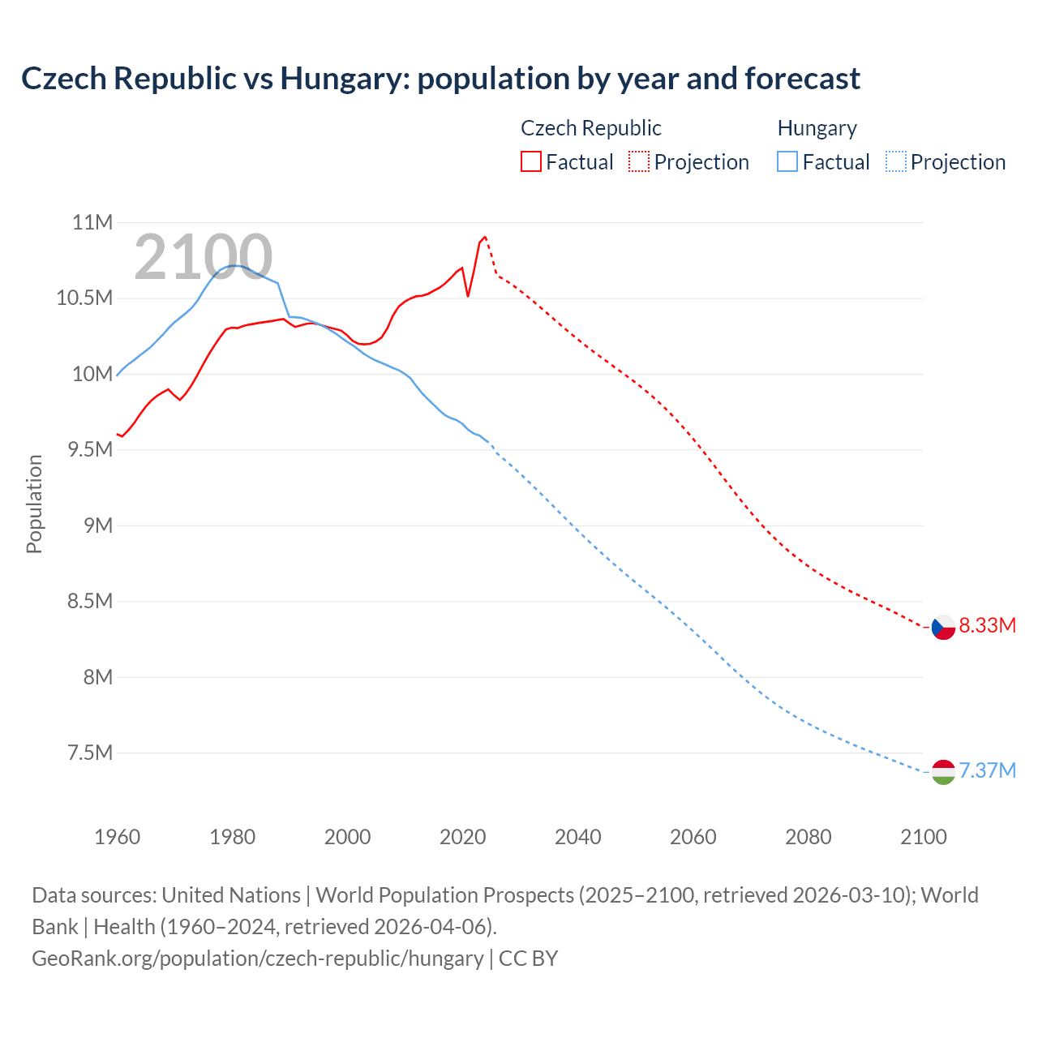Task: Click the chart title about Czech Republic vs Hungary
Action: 440,79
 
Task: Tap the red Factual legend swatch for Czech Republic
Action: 530,161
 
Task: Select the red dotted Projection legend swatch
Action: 638,161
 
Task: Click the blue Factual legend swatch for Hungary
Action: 787,161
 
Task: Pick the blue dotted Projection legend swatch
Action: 895,161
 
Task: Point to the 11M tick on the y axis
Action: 92,222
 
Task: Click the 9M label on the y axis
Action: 97,525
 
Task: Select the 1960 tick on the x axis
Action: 118,837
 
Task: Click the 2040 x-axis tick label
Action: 577,837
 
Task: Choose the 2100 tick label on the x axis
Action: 923,837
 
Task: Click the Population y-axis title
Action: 34,504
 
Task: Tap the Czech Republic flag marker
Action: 942,627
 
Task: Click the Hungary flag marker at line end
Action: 942,772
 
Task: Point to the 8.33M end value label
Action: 987,625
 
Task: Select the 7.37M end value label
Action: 987,770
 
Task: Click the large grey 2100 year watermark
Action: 203,257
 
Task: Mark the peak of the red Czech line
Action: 485,237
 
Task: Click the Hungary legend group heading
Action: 817,128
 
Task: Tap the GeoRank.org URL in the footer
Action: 257,958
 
